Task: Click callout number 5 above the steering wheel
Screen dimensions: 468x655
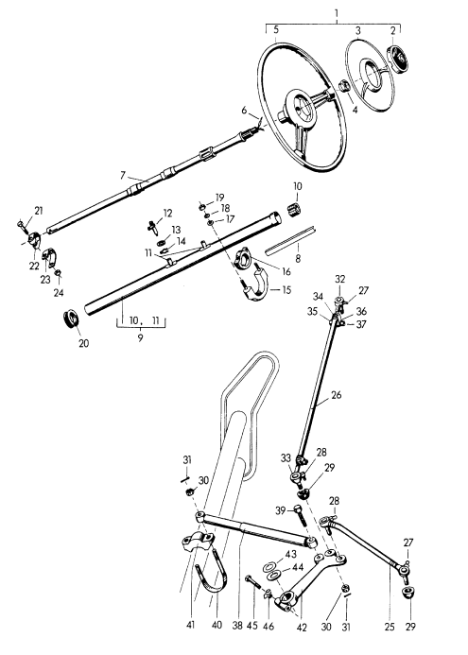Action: tap(276, 30)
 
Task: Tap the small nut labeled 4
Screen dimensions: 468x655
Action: tap(344, 86)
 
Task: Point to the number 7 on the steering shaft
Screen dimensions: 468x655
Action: tap(122, 176)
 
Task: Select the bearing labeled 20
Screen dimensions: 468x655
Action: tap(72, 320)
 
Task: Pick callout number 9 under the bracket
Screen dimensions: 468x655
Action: tap(140, 337)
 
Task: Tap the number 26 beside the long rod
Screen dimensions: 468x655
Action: tap(337, 395)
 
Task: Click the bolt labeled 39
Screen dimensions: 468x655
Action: tap(301, 515)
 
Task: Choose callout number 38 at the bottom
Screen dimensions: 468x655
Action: tap(238, 626)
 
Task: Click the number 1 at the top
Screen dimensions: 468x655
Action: tap(337, 14)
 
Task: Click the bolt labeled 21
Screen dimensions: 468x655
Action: tap(22, 226)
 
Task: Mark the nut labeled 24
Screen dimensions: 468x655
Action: tap(59, 273)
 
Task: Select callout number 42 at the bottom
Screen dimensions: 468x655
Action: tap(302, 628)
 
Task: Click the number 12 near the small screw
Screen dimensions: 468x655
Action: tap(167, 214)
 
